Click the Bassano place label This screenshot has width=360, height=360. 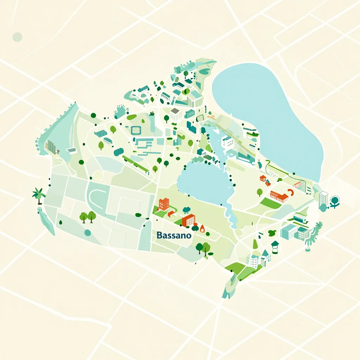coord(174,235)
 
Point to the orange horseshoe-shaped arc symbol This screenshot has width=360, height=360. coord(290,192)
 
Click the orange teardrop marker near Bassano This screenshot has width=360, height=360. coord(202,228)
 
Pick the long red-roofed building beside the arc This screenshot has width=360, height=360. coord(279,196)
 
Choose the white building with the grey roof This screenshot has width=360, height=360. coord(175,114)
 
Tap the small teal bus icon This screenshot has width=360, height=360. coord(108,141)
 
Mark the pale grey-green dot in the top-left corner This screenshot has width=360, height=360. coord(17,37)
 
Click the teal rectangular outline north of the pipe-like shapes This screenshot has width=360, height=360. coord(136,130)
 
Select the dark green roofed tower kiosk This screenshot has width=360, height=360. coord(275,246)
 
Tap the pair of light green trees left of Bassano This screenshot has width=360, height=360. coord(88,217)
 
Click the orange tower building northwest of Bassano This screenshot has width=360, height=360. coord(163,204)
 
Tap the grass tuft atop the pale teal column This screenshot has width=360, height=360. coord(152,114)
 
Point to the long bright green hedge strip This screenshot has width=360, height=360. coord(135,163)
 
